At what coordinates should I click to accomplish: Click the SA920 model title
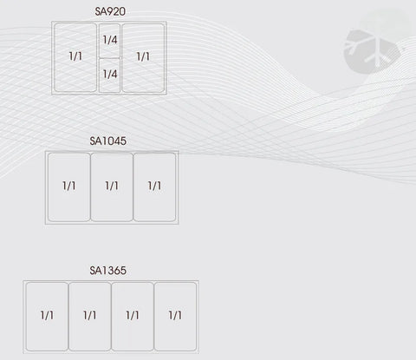[x=110, y=11]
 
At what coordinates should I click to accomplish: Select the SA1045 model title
[x=107, y=141]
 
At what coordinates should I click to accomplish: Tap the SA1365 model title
[x=107, y=271]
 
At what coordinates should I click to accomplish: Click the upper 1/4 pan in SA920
[x=109, y=40]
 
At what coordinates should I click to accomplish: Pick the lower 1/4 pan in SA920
[x=109, y=75]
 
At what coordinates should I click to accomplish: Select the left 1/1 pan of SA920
[x=75, y=58]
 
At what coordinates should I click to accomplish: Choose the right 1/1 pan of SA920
[x=143, y=58]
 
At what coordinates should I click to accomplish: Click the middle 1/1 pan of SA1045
[x=112, y=187]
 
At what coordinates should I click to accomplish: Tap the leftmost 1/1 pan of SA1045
[x=69, y=187]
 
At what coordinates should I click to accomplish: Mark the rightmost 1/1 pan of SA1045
[x=154, y=187]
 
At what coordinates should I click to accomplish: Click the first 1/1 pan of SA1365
[x=47, y=317]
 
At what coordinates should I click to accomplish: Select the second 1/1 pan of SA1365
[x=90, y=317]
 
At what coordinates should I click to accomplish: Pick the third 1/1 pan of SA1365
[x=133, y=317]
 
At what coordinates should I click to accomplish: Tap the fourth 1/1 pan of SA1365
[x=175, y=317]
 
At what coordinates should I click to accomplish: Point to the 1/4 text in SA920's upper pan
[x=110, y=40]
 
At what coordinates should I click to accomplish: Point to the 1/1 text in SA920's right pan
[x=143, y=56]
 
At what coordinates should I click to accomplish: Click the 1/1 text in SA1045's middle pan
[x=112, y=186]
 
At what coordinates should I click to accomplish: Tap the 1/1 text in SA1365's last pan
[x=175, y=315]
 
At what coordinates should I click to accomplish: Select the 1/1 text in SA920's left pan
[x=75, y=56]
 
